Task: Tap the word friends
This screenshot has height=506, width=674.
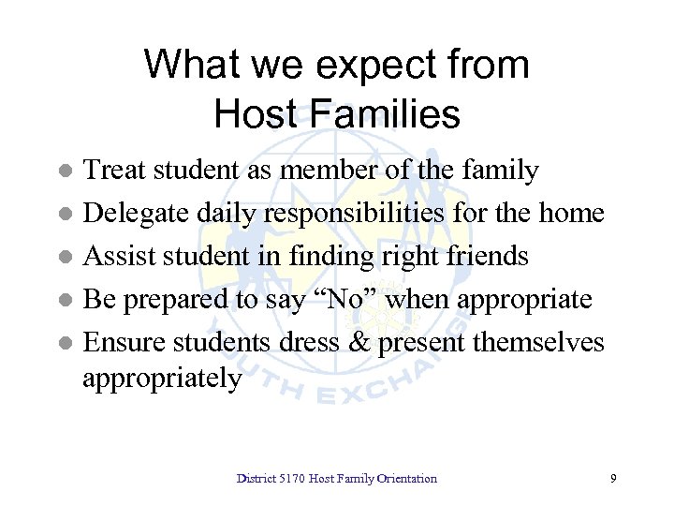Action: coord(485,256)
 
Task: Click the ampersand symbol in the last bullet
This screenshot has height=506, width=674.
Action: coord(359,342)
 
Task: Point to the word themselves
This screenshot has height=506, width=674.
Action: coord(537,342)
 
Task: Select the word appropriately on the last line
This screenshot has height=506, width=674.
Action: coord(162,379)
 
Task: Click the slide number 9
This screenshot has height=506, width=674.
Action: coord(612,479)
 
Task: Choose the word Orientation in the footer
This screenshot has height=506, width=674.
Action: coord(404,479)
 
